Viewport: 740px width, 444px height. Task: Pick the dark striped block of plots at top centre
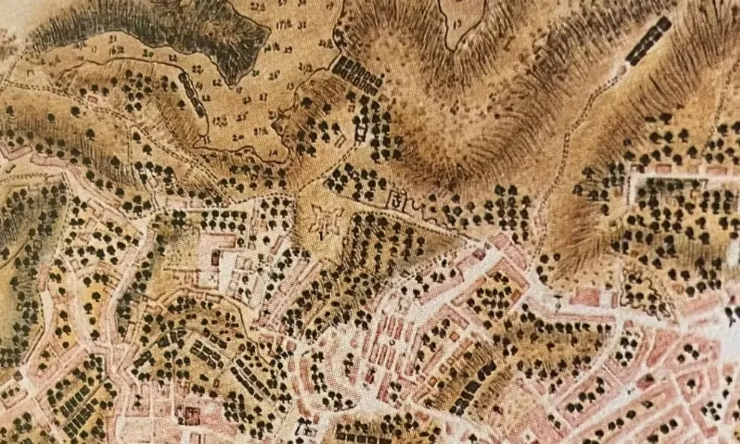pos(358,75)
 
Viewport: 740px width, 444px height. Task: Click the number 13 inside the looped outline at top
pos(458,23)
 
